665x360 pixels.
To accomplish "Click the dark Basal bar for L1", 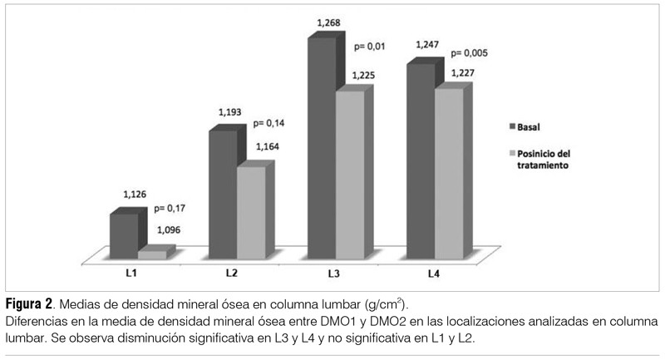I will tap(123, 236).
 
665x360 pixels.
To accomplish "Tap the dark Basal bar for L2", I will tap(222, 195).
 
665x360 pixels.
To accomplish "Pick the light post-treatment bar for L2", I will tap(251, 214).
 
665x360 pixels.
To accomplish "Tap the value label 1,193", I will tap(231, 111).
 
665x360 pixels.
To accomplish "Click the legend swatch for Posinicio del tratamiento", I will tap(512, 155).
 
